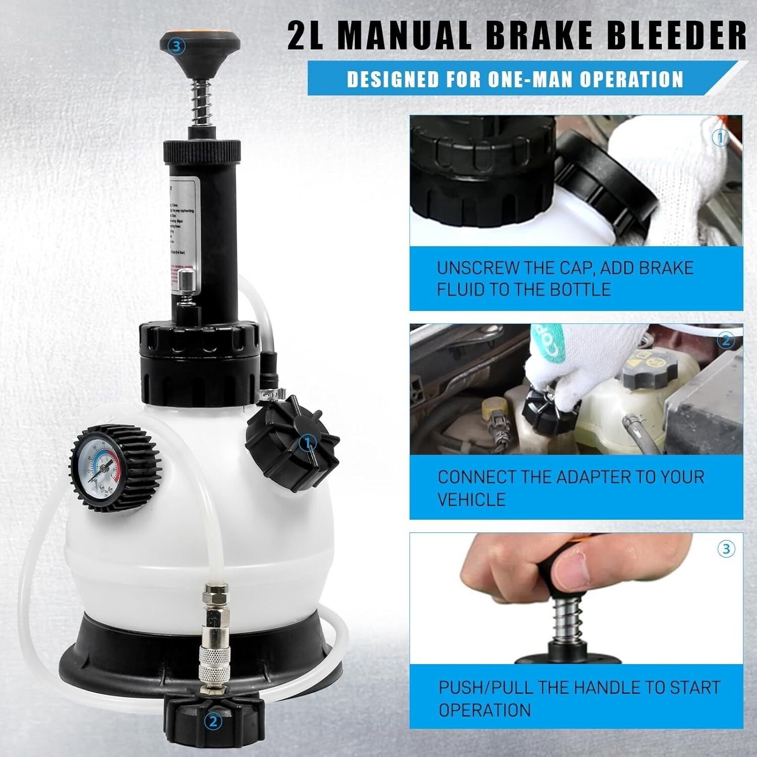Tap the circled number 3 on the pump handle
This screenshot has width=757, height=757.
click(176, 46)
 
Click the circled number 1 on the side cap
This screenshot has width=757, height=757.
click(307, 444)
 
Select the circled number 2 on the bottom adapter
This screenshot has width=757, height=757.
click(213, 722)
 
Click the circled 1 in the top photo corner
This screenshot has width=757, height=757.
click(720, 137)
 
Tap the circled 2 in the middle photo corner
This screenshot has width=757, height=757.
click(726, 341)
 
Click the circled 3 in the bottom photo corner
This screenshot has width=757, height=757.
click(726, 549)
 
